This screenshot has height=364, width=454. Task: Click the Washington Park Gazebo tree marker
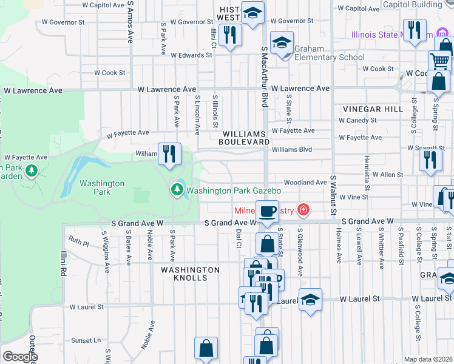tap(177, 190)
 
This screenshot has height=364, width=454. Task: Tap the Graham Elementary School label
tap(330, 58)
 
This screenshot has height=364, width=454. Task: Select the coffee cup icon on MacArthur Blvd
tap(267, 212)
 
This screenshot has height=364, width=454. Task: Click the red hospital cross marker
tap(303, 211)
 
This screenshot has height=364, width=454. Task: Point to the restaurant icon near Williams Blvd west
tap(169, 153)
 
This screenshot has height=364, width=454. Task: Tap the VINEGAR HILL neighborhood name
tap(373, 109)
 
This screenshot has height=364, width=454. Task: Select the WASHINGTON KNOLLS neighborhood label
tap(190, 274)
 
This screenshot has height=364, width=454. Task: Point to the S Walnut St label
tap(333, 195)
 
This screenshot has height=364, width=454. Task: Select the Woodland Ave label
tap(305, 182)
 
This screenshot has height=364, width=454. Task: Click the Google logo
tap(20, 357)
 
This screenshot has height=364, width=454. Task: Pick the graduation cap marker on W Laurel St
tap(310, 300)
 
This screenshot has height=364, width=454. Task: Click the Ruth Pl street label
tap(78, 243)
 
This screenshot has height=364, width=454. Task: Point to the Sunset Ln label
tap(84, 341)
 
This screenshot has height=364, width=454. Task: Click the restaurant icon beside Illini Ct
tap(229, 35)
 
